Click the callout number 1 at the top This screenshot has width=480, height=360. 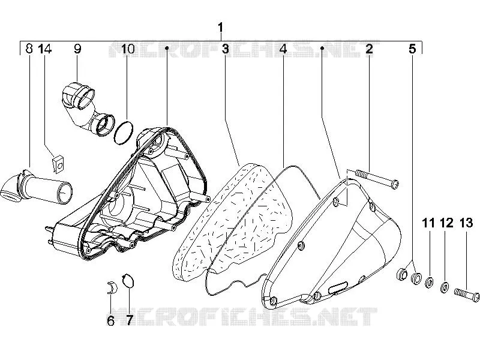tap(220, 28)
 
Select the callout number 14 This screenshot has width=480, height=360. tap(45, 49)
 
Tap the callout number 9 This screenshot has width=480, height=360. tap(77, 49)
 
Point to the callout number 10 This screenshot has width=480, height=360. tap(128, 49)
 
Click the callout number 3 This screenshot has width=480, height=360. tap(226, 49)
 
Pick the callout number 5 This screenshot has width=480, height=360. tap(412, 49)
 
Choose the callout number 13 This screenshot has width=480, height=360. tap(466, 223)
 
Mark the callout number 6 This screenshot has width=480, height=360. tap(110, 320)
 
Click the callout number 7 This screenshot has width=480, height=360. tap(129, 320)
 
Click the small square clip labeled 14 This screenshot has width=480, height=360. tap(58, 164)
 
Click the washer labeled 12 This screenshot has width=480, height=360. tap(445, 287)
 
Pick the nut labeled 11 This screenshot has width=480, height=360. tap(429, 282)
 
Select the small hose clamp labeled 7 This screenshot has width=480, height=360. tap(128, 281)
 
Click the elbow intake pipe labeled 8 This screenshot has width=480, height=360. tap(37, 188)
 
